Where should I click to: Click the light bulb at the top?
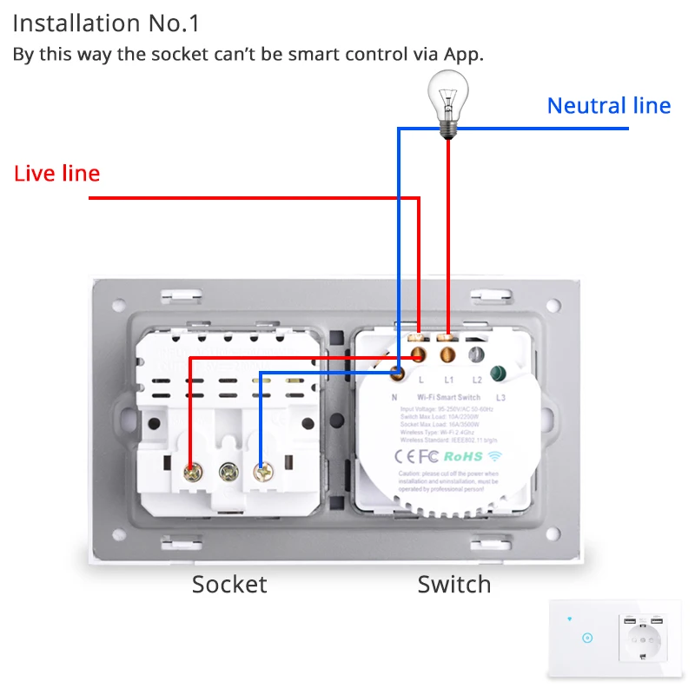pos(448,103)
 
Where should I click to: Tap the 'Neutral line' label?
pos(608,106)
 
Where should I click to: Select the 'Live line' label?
pos(57,174)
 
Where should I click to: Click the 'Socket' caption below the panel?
pos(229,585)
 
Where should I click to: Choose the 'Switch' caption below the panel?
pos(453,585)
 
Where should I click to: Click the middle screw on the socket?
pos(228,472)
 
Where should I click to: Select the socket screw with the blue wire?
pos(261,472)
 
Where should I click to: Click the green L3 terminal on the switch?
pos(499,374)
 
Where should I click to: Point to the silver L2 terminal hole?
pos(475,354)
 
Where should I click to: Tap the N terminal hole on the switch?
pos(397,373)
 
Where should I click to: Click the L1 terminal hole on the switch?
pos(448,354)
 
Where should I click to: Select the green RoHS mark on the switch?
pos(462,455)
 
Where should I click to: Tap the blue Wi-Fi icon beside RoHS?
pos(494,454)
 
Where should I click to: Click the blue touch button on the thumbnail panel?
pos(588,638)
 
